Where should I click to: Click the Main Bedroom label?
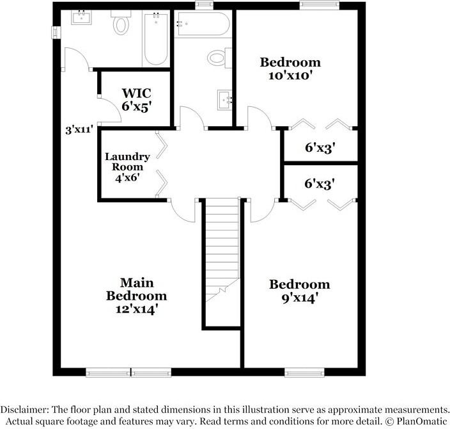click(136, 289)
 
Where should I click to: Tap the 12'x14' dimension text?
click(136, 309)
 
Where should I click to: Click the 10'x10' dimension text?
click(290, 75)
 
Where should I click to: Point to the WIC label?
click(137, 93)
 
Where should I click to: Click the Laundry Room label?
click(127, 161)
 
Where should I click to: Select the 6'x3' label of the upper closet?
click(320, 148)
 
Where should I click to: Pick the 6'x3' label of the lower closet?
click(320, 184)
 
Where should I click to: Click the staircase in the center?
click(221, 250)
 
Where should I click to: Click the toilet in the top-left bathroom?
click(121, 24)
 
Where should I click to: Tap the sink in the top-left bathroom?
click(81, 17)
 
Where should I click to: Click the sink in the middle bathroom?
click(224, 99)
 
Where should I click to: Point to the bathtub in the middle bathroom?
click(202, 24)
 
